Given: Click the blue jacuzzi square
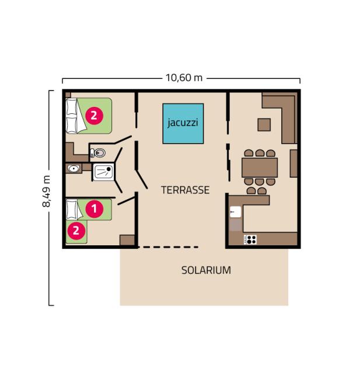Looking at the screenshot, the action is (183, 123).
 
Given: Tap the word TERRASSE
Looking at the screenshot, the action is (185, 190).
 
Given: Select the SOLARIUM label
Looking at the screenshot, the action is (206, 270).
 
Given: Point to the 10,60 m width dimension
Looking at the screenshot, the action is (184, 78).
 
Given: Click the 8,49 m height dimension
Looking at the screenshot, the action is (46, 191).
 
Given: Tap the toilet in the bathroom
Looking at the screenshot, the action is (98, 153).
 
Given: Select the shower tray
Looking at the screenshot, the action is (103, 172).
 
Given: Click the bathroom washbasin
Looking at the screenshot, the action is (74, 168).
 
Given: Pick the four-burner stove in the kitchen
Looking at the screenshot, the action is (250, 239).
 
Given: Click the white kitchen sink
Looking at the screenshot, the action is (235, 212).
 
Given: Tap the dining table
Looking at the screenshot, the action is (260, 168).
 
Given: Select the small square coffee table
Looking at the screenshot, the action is (264, 125).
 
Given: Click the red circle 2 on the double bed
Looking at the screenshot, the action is (94, 116).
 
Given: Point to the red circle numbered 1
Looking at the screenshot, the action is (95, 209).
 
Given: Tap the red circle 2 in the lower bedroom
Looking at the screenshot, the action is (76, 231).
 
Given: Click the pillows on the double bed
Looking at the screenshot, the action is (72, 116).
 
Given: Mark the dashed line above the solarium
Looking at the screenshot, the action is (168, 247).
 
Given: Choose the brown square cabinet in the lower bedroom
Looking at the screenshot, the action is (127, 240).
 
